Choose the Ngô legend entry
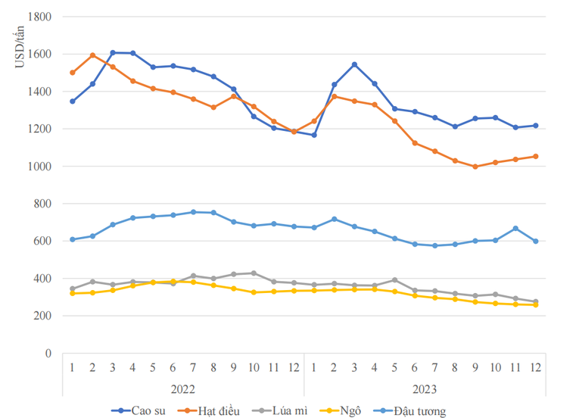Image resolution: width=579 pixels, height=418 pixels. coord(350,410)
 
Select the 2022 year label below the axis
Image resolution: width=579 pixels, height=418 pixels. coord(182,388)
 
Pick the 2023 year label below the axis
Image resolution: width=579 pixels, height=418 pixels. coord(425,388)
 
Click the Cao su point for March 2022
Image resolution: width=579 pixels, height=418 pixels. coord(113,53)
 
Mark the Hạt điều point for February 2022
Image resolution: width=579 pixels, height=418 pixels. coord(92,55)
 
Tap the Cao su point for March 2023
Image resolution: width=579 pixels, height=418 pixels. coord(354,64)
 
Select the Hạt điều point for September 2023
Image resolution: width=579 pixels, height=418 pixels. coord(475,167)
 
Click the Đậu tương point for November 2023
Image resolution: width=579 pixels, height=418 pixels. coord(515,229)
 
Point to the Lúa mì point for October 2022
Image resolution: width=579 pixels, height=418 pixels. coord(254,273)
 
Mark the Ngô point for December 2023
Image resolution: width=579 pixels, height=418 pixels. coord(536,304)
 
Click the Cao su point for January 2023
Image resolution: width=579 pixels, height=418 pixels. coord(314,135)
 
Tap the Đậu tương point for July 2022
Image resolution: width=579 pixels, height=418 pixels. coord(193,212)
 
